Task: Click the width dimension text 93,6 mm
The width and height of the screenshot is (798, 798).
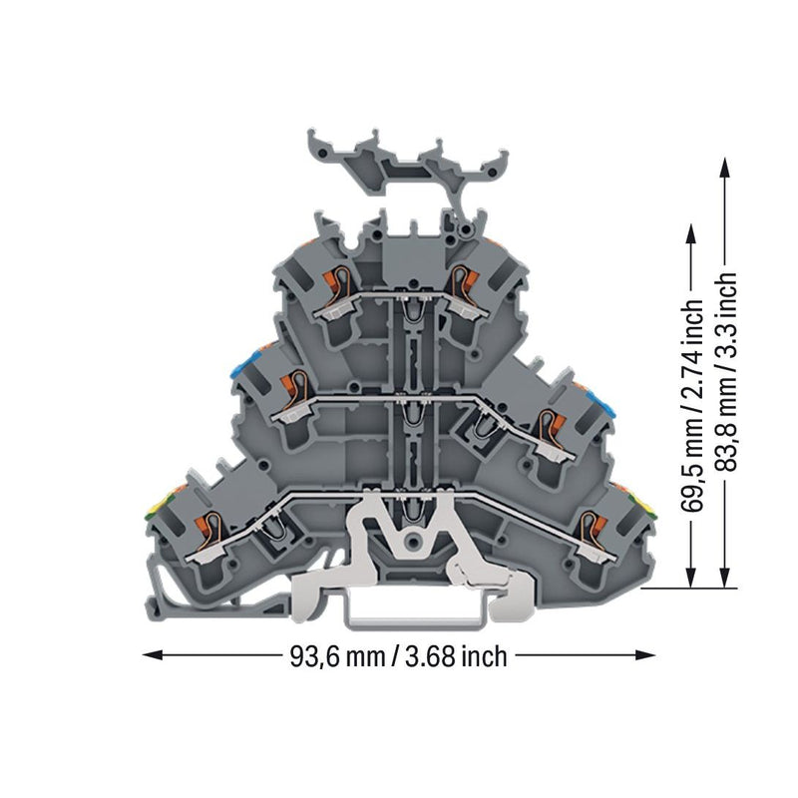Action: point(337,656)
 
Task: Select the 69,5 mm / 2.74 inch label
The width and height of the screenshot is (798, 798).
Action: point(691,405)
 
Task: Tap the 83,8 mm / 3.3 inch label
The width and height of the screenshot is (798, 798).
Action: point(725,372)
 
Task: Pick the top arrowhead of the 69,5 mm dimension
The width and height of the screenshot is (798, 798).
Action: point(690,234)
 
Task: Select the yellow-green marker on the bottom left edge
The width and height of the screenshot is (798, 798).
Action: point(154,509)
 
